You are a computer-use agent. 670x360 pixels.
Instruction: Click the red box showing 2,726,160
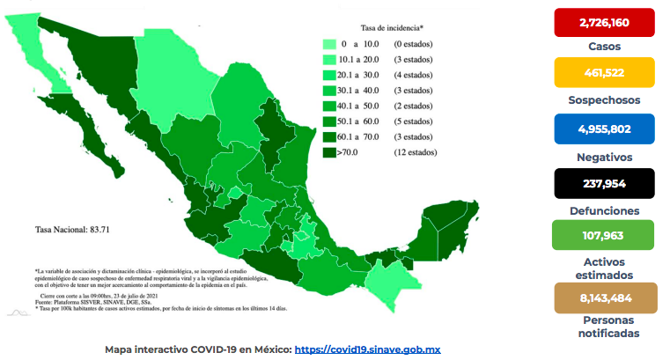(604, 22)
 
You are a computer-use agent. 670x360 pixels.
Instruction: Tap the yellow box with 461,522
(604, 72)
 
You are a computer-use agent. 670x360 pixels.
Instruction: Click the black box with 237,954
(604, 184)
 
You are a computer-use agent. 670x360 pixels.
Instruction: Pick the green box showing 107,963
(604, 235)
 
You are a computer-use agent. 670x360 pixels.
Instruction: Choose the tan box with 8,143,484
(604, 298)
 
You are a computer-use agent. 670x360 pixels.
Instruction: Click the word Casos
(604, 46)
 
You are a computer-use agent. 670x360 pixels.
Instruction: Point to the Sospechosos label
(604, 99)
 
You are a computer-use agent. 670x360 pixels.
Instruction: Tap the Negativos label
(604, 157)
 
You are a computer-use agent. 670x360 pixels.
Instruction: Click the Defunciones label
(604, 211)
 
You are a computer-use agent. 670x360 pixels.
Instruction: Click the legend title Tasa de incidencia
(391, 27)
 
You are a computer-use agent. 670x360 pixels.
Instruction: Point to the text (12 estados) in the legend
(415, 153)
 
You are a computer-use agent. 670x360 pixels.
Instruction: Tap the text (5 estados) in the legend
(415, 121)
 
